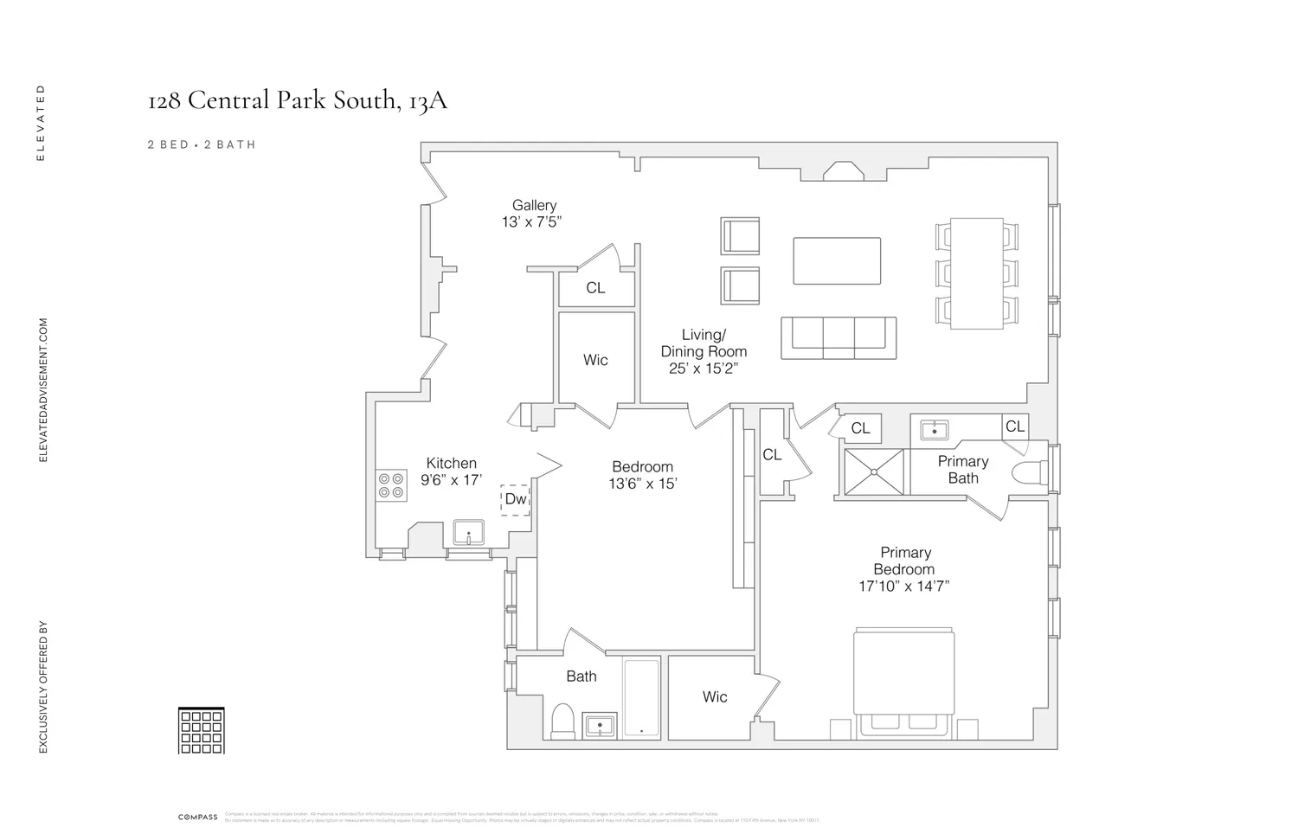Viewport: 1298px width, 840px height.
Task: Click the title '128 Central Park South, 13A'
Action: pyautogui.click(x=298, y=100)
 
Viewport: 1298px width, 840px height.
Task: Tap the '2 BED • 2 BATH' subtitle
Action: pyautogui.click(x=202, y=144)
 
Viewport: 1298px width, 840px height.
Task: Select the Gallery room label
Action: pyautogui.click(x=533, y=205)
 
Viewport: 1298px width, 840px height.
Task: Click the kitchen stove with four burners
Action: pyautogui.click(x=391, y=485)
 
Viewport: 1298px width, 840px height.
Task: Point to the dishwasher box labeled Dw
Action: pyautogui.click(x=515, y=499)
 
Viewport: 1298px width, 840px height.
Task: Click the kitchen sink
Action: pyautogui.click(x=468, y=532)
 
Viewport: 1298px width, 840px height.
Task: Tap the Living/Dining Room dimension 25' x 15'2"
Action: pyautogui.click(x=703, y=369)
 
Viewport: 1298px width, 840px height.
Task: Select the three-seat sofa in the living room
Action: pyautogui.click(x=839, y=337)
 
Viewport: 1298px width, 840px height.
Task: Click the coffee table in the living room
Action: pyautogui.click(x=837, y=260)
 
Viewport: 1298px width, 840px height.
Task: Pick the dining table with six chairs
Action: pyautogui.click(x=976, y=273)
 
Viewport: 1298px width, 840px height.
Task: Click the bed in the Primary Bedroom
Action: pyautogui.click(x=903, y=683)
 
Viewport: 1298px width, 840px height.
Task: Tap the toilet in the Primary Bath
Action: pyautogui.click(x=1029, y=473)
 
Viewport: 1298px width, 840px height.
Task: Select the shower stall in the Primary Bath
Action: pyautogui.click(x=874, y=472)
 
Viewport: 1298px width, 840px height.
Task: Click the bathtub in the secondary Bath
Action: pyautogui.click(x=641, y=698)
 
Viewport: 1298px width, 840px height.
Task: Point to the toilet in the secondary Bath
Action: pyautogui.click(x=562, y=721)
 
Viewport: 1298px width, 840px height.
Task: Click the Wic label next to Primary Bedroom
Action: pyautogui.click(x=714, y=696)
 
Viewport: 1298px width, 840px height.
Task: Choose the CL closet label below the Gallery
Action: pyautogui.click(x=595, y=288)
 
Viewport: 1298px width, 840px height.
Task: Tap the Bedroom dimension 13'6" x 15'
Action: pyautogui.click(x=642, y=484)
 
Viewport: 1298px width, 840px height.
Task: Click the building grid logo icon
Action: pyautogui.click(x=201, y=730)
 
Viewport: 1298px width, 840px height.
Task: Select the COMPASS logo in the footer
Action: pyautogui.click(x=197, y=817)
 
